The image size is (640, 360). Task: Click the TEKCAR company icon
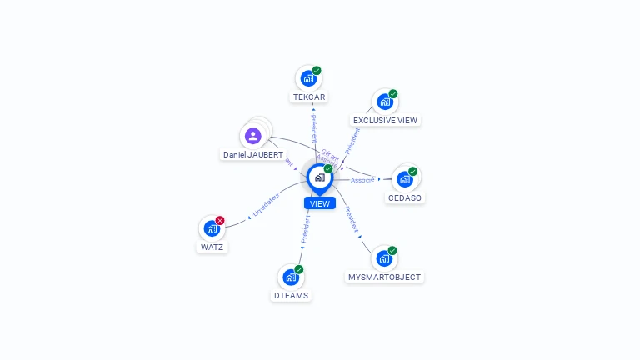(x=308, y=79)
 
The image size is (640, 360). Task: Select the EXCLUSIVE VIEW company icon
(x=384, y=102)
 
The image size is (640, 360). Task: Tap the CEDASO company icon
(x=405, y=179)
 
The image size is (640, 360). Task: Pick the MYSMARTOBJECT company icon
(x=383, y=258)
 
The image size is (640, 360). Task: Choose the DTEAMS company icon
(x=290, y=277)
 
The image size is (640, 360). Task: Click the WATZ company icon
(x=212, y=228)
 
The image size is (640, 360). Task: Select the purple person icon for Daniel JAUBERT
(x=253, y=136)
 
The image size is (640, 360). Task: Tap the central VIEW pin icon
(x=319, y=177)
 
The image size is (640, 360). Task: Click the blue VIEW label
(x=320, y=203)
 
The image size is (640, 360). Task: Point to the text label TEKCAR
(x=308, y=97)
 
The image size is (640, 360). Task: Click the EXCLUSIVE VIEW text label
(x=385, y=121)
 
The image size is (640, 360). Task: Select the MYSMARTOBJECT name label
(x=384, y=277)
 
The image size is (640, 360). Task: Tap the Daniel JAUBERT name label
(x=253, y=155)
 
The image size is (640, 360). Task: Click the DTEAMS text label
(x=291, y=296)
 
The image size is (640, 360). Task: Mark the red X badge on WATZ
(x=220, y=221)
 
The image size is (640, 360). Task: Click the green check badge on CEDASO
(x=412, y=172)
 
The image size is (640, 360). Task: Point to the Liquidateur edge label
(x=266, y=207)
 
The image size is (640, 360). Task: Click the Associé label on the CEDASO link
(x=362, y=180)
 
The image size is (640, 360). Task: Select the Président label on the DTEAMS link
(x=306, y=229)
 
